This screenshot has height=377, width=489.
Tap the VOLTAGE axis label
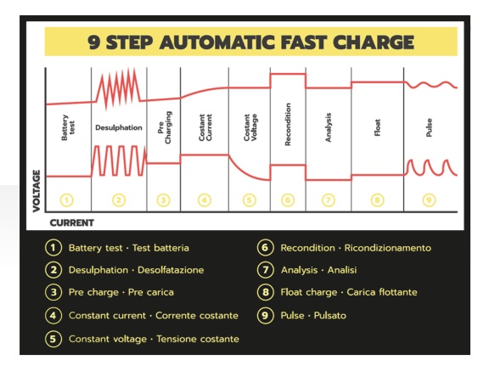click(37, 191)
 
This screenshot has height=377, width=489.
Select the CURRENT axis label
click(72, 223)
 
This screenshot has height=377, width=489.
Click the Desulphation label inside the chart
click(119, 127)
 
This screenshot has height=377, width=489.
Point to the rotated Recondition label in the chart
click(288, 124)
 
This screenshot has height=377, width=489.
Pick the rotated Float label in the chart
click(377, 127)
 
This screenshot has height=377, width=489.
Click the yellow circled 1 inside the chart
click(67, 200)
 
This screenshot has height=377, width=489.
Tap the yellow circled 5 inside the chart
click(250, 200)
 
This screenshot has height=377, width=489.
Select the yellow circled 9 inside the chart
click(429, 200)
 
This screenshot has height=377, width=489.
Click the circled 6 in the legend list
click(266, 248)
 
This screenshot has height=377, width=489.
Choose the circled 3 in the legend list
click(53, 292)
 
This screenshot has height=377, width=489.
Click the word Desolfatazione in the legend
click(171, 270)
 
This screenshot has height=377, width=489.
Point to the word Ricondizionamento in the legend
click(388, 248)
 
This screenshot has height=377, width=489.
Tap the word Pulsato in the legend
click(330, 315)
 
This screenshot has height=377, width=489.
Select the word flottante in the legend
click(398, 292)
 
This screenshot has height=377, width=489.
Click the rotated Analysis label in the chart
click(328, 127)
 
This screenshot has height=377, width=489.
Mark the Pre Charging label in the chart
click(165, 127)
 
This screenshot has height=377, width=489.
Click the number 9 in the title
click(93, 42)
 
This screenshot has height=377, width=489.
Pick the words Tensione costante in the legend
click(198, 339)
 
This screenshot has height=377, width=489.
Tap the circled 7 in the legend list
click(266, 270)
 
